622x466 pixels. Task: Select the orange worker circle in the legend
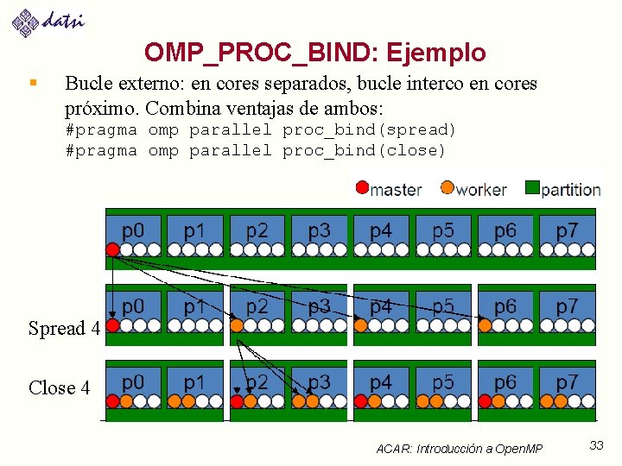(x=447, y=188)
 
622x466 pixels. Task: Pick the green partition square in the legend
(x=532, y=188)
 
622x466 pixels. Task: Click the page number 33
(x=596, y=445)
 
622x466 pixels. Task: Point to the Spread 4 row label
(x=64, y=329)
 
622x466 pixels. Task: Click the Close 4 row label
(x=59, y=388)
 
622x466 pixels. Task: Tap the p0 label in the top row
(x=133, y=230)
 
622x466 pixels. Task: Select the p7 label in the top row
(x=567, y=230)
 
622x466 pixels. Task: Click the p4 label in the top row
(x=380, y=230)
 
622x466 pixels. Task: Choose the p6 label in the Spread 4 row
(x=505, y=306)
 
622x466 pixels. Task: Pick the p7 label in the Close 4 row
(x=567, y=381)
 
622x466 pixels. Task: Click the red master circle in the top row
(x=112, y=249)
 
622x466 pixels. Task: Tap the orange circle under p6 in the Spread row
(x=486, y=325)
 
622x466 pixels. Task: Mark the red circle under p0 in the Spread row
(x=112, y=325)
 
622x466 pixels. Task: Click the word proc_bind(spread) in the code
(x=369, y=130)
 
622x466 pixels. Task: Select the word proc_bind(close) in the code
(x=364, y=151)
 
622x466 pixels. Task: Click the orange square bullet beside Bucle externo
(x=33, y=84)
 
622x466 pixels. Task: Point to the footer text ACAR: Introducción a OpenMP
(x=460, y=449)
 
